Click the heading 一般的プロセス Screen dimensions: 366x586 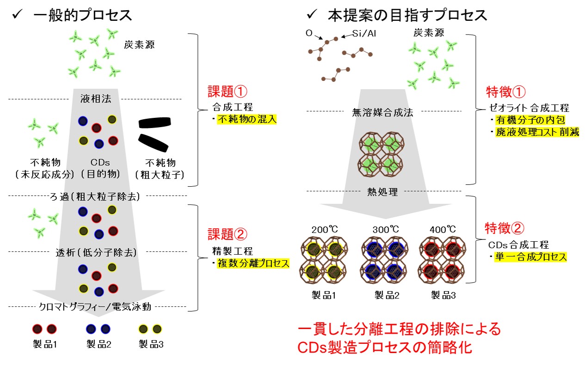click(x=83, y=15)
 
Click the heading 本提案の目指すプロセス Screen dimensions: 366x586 click(x=407, y=15)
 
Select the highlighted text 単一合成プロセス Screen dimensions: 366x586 click(x=530, y=257)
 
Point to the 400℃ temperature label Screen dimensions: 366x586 click(x=443, y=229)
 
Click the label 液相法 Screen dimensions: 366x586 click(x=96, y=99)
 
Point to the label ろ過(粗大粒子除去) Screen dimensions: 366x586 click(x=96, y=196)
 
